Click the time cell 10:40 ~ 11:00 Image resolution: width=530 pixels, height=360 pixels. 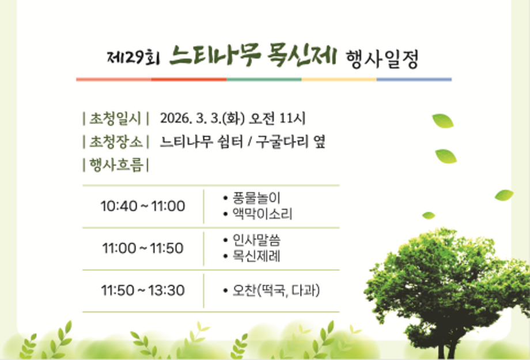(143, 206)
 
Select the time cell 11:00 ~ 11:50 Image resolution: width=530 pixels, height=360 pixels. (143, 248)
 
